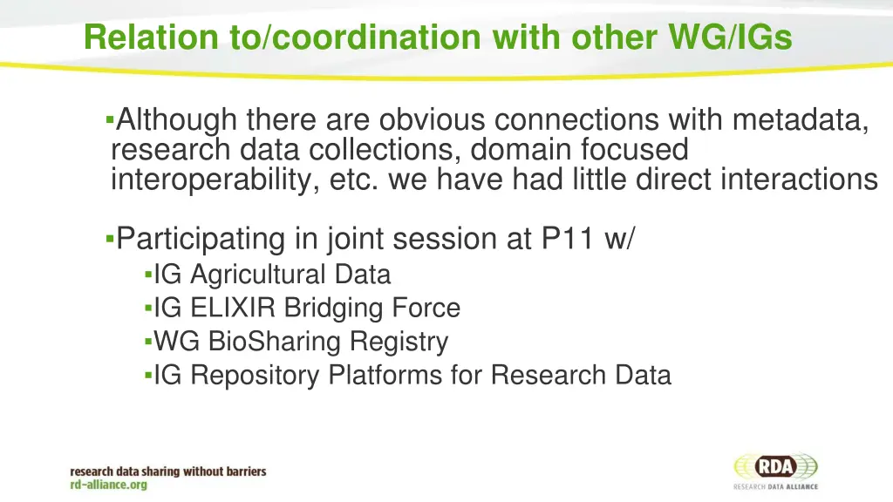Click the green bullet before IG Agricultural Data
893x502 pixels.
[148, 275]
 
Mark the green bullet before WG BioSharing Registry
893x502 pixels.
[148, 343]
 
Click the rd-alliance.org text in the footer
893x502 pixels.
[109, 485]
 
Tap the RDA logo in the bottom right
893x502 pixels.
[775, 470]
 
